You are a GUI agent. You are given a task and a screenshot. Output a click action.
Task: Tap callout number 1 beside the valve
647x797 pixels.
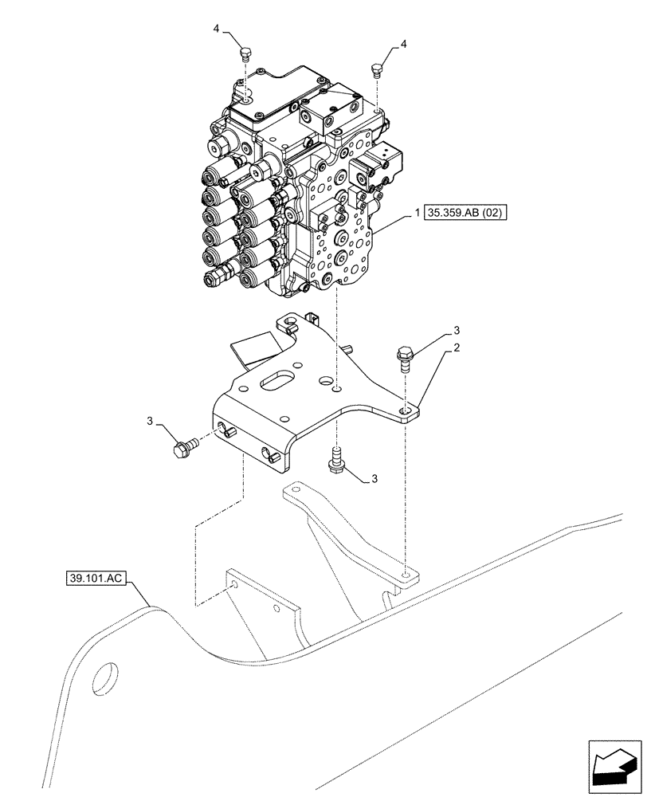point(417,213)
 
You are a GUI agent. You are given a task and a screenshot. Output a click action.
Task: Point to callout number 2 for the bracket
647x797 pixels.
point(456,348)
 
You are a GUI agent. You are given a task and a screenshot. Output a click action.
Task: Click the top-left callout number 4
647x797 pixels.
point(217,29)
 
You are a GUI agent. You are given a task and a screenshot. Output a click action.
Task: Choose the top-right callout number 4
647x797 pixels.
point(404,44)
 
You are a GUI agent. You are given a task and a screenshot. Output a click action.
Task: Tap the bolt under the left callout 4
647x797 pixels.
point(245,55)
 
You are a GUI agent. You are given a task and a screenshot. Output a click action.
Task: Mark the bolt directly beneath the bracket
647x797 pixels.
point(336,461)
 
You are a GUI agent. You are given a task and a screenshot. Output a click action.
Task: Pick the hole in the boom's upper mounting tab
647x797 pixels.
point(407,573)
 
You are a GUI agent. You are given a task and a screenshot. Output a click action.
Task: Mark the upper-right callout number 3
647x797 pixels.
point(456,330)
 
